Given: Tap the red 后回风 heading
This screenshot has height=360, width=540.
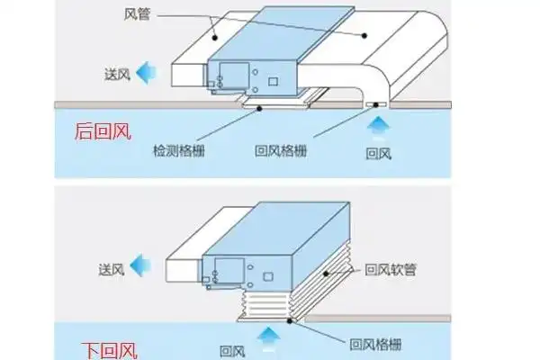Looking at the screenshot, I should pos(101,133).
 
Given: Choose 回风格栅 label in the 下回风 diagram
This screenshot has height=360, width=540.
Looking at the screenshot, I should pos(375,344).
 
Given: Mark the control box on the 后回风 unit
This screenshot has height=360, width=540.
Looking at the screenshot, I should pos(229,76).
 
